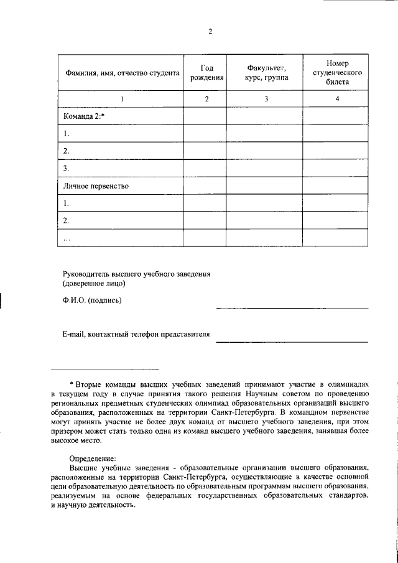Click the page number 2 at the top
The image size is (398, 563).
pos(210,33)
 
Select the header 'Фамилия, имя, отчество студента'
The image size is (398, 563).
pos(122,73)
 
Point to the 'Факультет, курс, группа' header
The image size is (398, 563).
pos(265,73)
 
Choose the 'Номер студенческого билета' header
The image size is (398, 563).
pos(336,73)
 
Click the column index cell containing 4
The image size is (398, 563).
pos(336,99)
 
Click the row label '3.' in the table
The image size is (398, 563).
pos(67,169)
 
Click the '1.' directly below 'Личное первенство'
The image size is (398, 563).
pos(67,203)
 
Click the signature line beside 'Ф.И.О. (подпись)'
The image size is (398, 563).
pos(292,307)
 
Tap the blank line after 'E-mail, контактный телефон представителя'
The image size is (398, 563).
pos(292,342)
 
